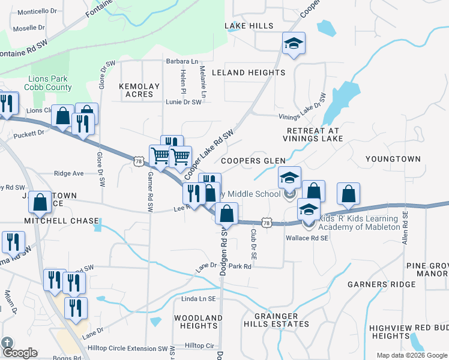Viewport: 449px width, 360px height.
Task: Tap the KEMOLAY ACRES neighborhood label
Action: click(x=139, y=90)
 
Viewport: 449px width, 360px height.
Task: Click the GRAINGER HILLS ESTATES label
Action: click(x=276, y=320)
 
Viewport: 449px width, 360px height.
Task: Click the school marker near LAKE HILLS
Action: click(x=294, y=43)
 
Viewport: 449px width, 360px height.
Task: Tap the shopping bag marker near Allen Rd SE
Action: click(x=349, y=194)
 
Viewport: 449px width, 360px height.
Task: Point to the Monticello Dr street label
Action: click(x=37, y=12)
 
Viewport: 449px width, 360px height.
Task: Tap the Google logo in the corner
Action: click(x=20, y=353)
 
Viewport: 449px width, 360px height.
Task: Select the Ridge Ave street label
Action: click(x=68, y=173)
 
